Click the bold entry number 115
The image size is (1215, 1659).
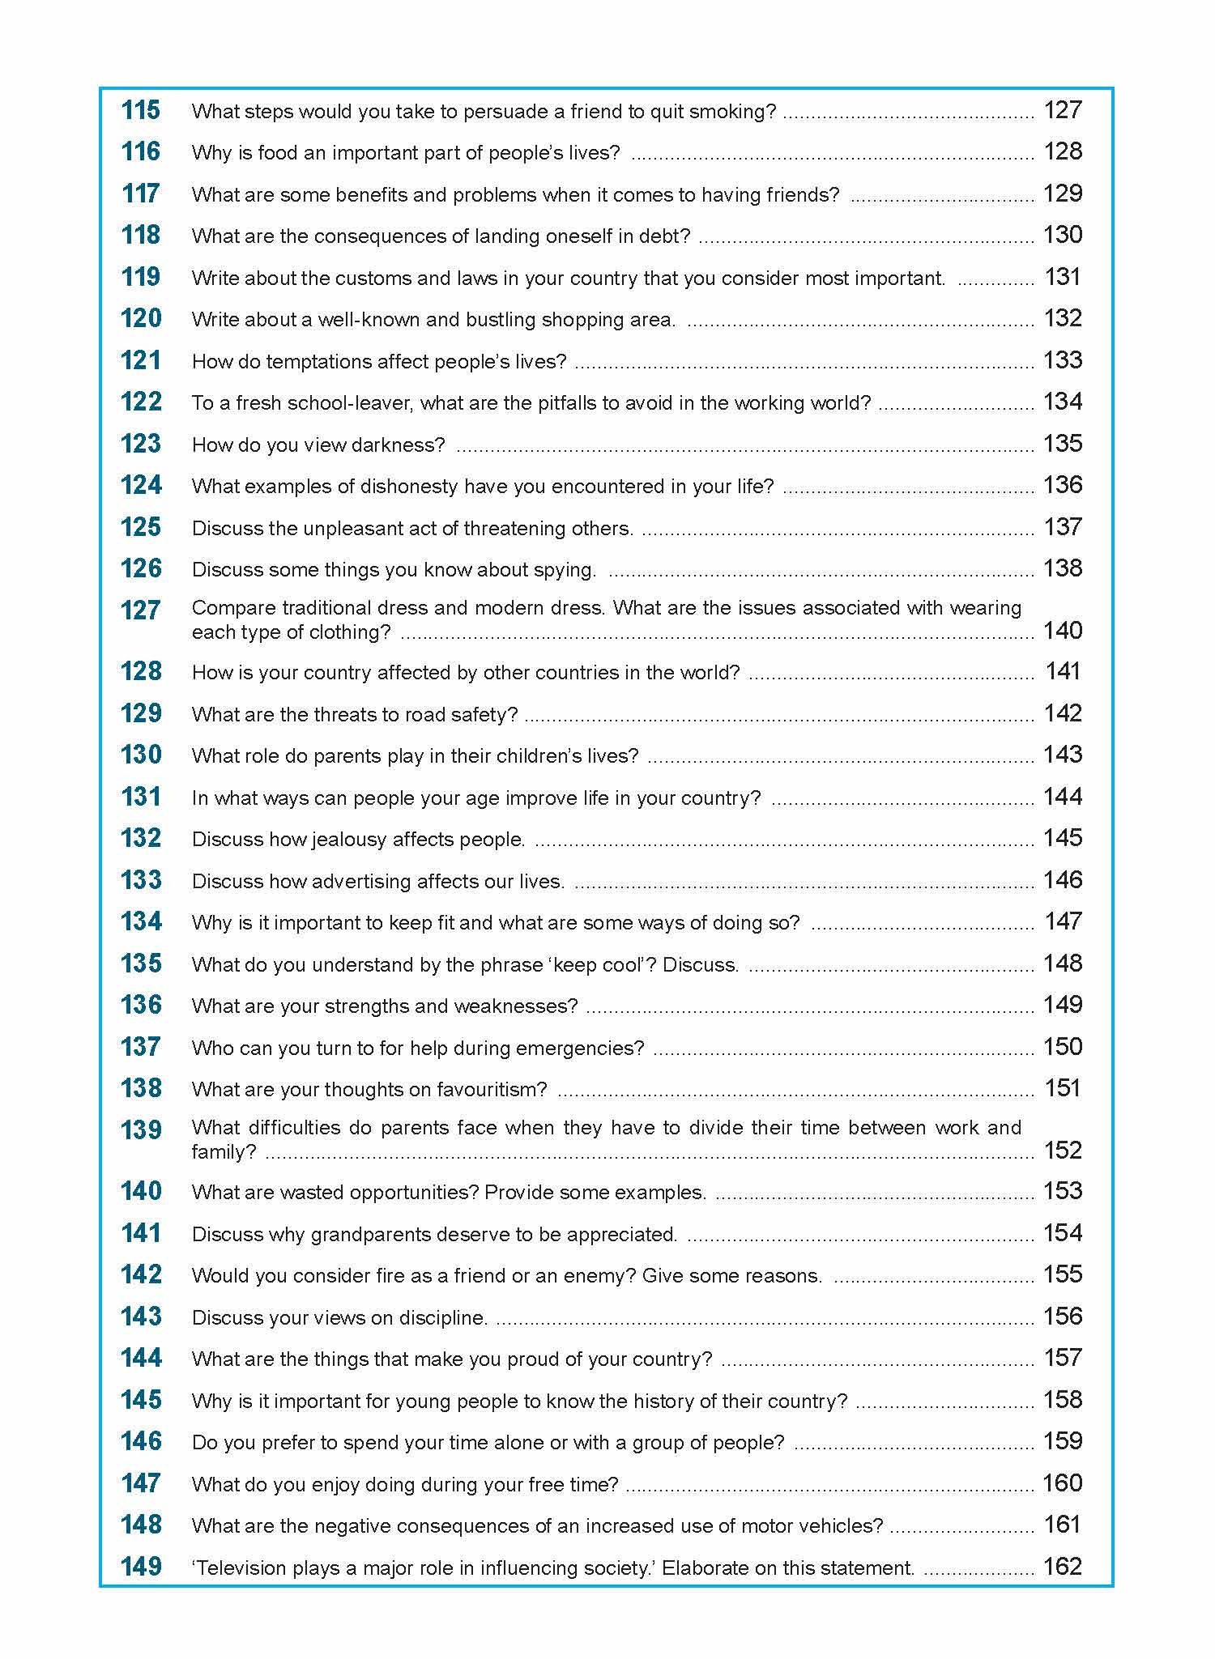pyautogui.click(x=141, y=110)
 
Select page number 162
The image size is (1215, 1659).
pyautogui.click(x=1063, y=1567)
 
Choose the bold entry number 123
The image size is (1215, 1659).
pyautogui.click(x=141, y=444)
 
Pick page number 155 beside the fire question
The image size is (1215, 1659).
pyautogui.click(x=1063, y=1274)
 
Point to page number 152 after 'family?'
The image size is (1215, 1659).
pyautogui.click(x=1063, y=1151)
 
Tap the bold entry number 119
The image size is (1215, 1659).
pyautogui.click(x=141, y=277)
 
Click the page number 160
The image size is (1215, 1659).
pyautogui.click(x=1063, y=1483)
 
